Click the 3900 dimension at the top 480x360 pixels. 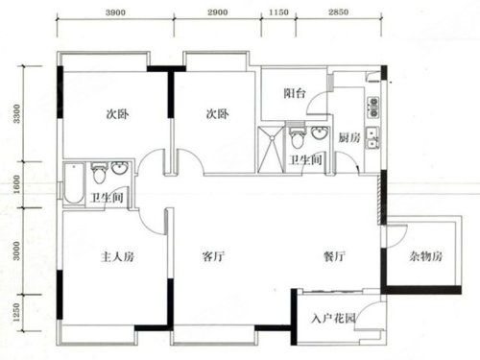click(115, 12)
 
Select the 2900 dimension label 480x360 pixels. click(218, 12)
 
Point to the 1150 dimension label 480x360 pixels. click(278, 12)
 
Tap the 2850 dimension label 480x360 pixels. click(338, 12)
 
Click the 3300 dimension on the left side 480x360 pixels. click(16, 113)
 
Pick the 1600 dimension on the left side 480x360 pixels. click(16, 184)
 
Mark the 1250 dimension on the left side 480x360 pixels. click(16, 312)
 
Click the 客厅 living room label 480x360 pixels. click(213, 256)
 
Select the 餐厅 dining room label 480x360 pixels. click(334, 256)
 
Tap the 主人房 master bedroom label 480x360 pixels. click(117, 256)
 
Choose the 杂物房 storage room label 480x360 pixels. click(425, 256)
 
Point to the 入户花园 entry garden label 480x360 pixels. click(333, 319)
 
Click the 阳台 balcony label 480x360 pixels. click(295, 93)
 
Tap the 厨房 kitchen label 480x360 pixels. click(349, 138)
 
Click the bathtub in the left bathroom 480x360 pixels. click(74, 184)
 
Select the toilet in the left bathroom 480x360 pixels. click(99, 174)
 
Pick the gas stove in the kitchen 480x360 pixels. click(372, 107)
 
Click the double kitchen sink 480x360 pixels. click(372, 138)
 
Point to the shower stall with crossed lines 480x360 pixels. click(271, 150)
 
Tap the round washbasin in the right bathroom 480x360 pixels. click(321, 133)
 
